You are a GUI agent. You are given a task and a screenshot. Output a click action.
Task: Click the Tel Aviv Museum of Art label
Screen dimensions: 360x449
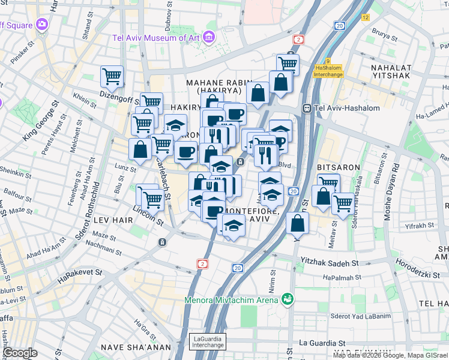pos(156,38)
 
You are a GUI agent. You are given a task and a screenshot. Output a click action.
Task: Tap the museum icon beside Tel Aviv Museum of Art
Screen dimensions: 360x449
pos(208,37)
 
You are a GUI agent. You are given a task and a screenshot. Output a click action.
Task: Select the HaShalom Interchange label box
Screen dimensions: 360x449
pos(328,71)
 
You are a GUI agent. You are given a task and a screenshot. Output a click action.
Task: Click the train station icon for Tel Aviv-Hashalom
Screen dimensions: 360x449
pos(307,108)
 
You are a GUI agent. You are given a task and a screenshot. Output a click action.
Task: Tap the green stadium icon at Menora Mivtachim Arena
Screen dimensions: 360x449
pos(288,298)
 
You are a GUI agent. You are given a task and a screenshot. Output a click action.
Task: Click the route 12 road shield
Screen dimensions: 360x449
pos(366,17)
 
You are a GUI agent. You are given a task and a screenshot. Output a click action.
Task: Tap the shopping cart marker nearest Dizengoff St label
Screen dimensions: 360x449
pos(112,76)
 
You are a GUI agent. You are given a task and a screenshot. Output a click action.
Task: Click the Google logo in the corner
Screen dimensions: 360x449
pos(20,353)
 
